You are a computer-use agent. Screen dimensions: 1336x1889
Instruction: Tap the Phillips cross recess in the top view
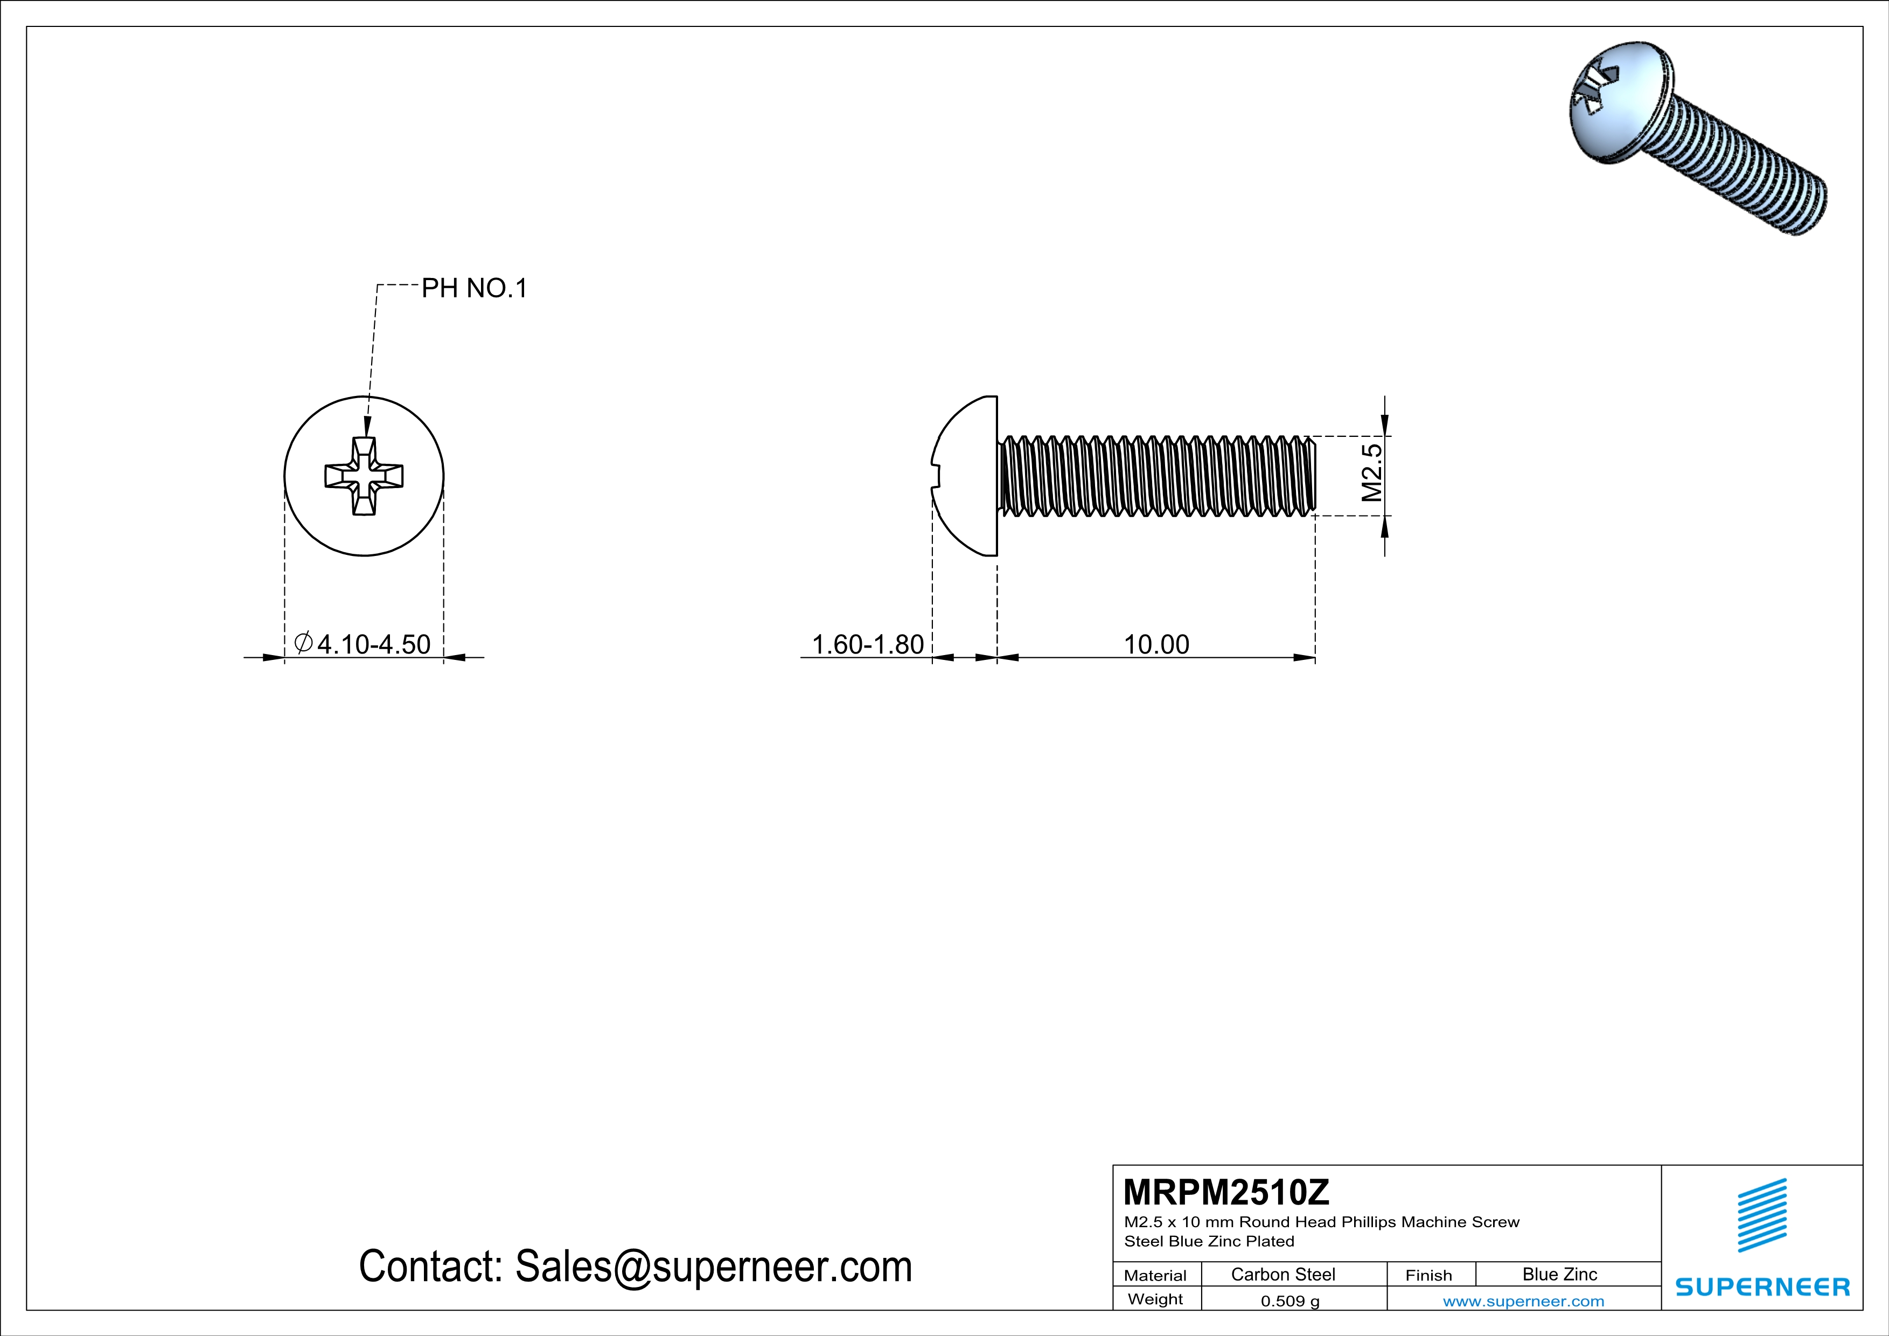pyautogui.click(x=364, y=476)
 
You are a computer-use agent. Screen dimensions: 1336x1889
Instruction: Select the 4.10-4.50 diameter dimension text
pyautogui.click(x=373, y=644)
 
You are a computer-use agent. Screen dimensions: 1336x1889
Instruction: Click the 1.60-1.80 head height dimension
pyautogui.click(x=867, y=644)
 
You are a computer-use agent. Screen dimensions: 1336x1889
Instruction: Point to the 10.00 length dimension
pyautogui.click(x=1156, y=644)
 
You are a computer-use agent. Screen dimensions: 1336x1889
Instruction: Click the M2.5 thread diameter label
pyautogui.click(x=1371, y=473)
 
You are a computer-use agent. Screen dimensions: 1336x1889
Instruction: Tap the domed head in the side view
pyautogui.click(x=967, y=476)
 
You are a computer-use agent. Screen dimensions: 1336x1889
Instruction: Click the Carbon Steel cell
pyautogui.click(x=1282, y=1274)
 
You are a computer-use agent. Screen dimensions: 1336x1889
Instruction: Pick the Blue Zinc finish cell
pyautogui.click(x=1559, y=1274)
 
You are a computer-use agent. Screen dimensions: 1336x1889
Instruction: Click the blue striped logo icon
pyautogui.click(x=1761, y=1215)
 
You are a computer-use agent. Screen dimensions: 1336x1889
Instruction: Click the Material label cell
pyautogui.click(x=1155, y=1275)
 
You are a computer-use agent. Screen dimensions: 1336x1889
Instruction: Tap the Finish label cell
pyautogui.click(x=1428, y=1275)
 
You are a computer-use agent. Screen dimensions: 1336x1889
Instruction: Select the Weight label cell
pyautogui.click(x=1155, y=1299)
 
